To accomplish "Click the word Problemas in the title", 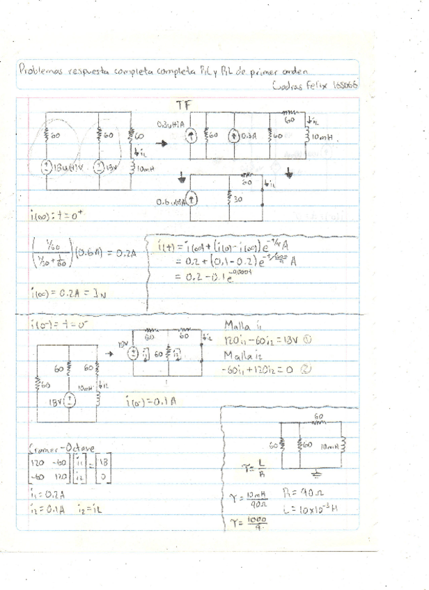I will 40,70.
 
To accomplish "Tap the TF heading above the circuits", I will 183,105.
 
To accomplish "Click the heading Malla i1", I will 243,326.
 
